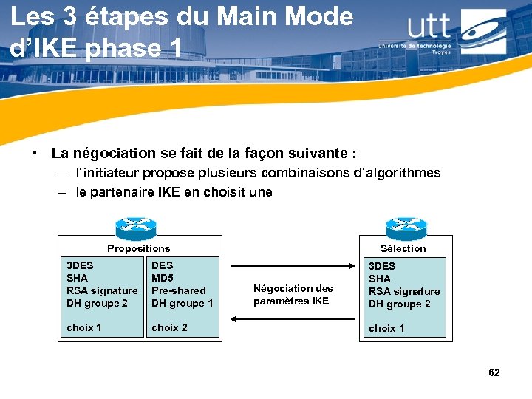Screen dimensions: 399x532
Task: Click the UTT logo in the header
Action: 443,31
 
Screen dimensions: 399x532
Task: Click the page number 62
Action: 494,372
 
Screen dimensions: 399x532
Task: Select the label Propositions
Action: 138,249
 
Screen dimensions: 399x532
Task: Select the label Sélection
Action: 403,249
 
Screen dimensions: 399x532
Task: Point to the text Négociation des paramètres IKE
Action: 293,295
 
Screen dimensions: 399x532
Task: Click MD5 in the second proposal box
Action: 162,278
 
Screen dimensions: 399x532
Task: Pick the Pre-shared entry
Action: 178,290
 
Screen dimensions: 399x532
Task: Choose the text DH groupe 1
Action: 182,303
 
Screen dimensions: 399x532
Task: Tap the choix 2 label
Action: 169,327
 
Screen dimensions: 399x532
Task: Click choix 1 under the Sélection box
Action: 386,328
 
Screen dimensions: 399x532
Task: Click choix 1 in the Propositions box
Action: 84,327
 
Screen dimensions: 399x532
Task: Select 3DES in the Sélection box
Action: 382,266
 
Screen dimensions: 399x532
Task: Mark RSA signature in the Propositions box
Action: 102,290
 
